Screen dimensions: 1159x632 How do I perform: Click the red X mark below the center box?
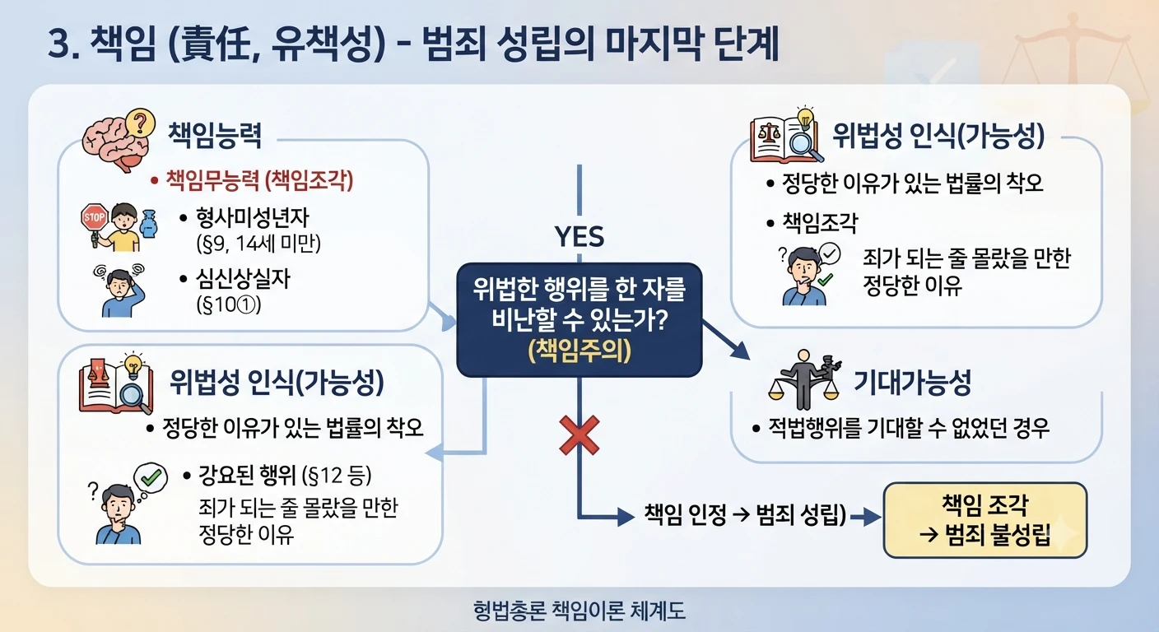click(579, 435)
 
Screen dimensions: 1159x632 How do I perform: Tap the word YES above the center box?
click(579, 237)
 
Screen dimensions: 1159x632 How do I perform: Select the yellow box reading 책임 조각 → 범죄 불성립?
click(985, 520)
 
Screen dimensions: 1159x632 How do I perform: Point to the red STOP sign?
click(94, 217)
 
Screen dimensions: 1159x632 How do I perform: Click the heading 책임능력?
click(215, 136)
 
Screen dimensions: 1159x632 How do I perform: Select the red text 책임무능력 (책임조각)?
click(258, 180)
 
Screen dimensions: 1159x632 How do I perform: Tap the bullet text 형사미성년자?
click(252, 218)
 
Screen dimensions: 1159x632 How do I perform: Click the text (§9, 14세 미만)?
click(258, 243)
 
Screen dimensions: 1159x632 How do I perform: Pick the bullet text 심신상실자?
click(243, 279)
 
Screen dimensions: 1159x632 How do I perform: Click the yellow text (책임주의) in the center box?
click(579, 351)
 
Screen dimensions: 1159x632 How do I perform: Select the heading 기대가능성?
click(912, 383)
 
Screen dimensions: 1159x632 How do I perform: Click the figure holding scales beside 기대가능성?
click(804, 380)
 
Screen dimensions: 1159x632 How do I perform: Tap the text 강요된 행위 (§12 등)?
click(285, 476)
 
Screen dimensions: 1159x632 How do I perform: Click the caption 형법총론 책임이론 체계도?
click(579, 611)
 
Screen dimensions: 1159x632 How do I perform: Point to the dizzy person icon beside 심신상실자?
click(120, 290)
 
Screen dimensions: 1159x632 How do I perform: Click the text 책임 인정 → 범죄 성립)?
click(745, 514)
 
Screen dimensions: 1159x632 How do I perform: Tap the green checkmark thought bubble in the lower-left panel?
click(151, 477)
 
